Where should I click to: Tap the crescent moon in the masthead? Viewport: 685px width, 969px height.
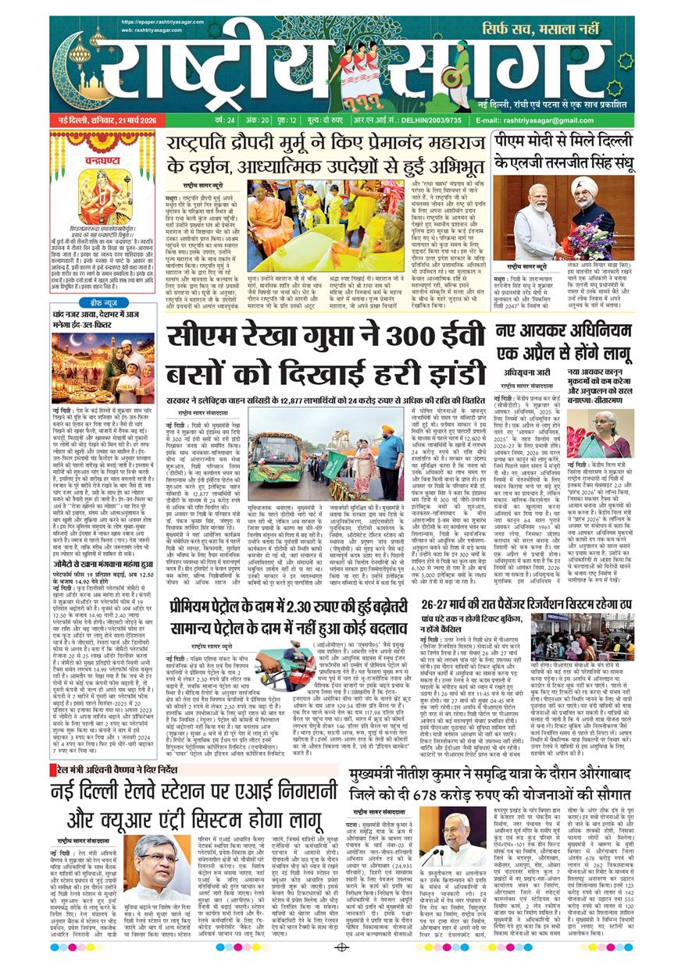(78, 74)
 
